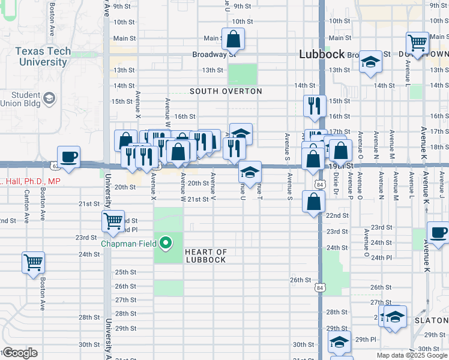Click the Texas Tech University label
pyautogui.click(x=43, y=56)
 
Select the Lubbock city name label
pyautogui.click(x=322, y=55)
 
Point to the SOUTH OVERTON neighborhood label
pyautogui.click(x=226, y=91)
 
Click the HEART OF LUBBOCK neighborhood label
pyautogui.click(x=205, y=256)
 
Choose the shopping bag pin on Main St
pyautogui.click(x=234, y=40)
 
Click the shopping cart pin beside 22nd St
pyautogui.click(x=113, y=221)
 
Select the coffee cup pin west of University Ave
pyautogui.click(x=68, y=157)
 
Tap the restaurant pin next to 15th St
pyautogui.click(x=315, y=106)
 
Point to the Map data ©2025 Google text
pyautogui.click(x=412, y=355)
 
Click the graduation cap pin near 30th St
pyautogui.click(x=339, y=342)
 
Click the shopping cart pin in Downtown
pyautogui.click(x=417, y=43)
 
